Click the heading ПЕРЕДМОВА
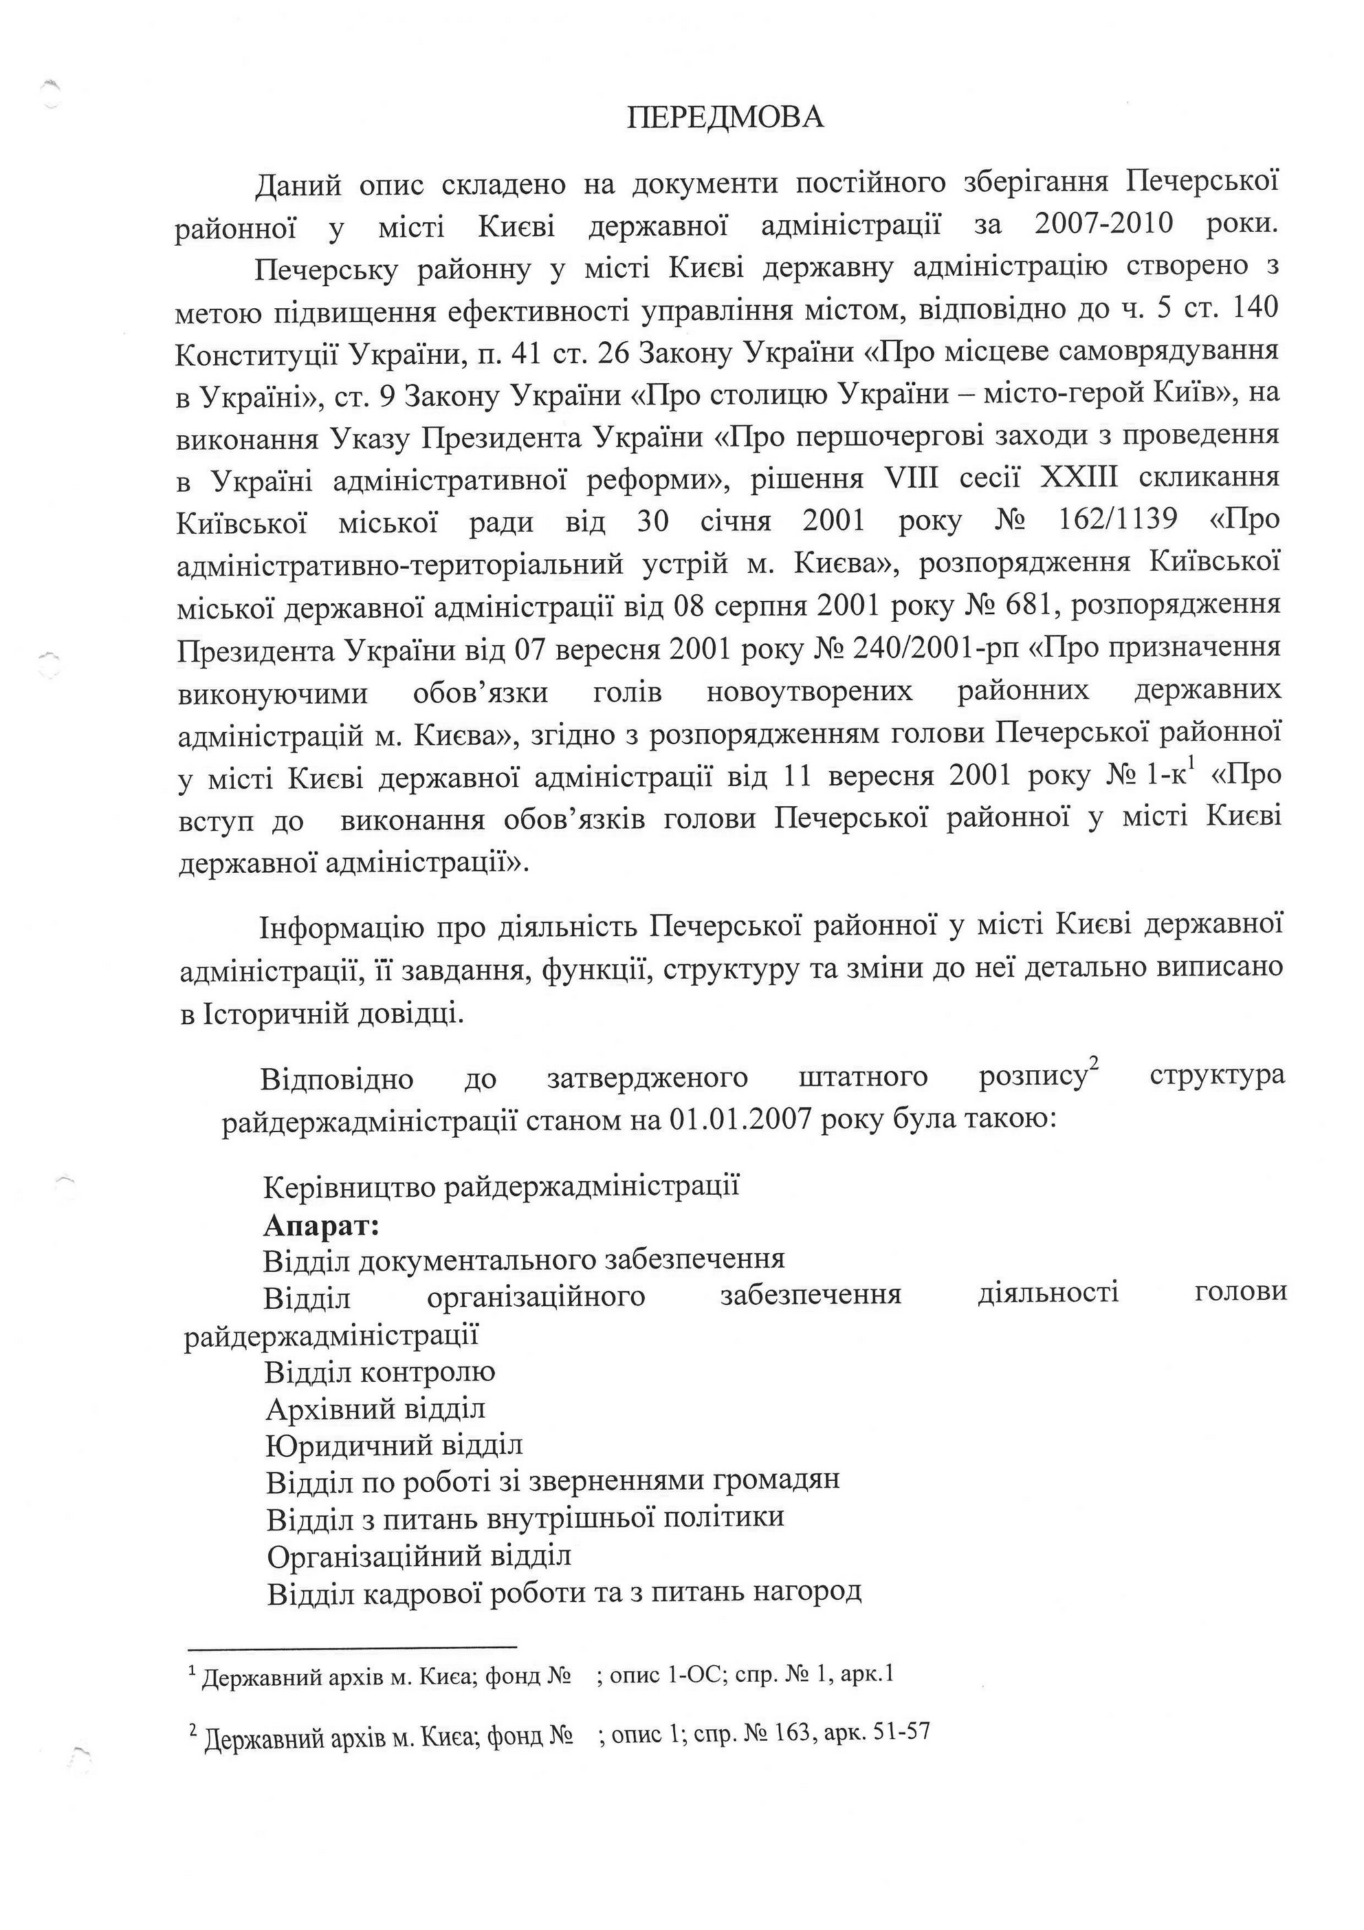(725, 118)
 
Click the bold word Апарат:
(322, 1226)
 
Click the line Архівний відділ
(375, 1408)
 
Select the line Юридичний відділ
(394, 1445)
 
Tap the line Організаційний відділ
(419, 1556)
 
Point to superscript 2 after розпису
(1094, 1067)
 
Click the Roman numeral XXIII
(1079, 477)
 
